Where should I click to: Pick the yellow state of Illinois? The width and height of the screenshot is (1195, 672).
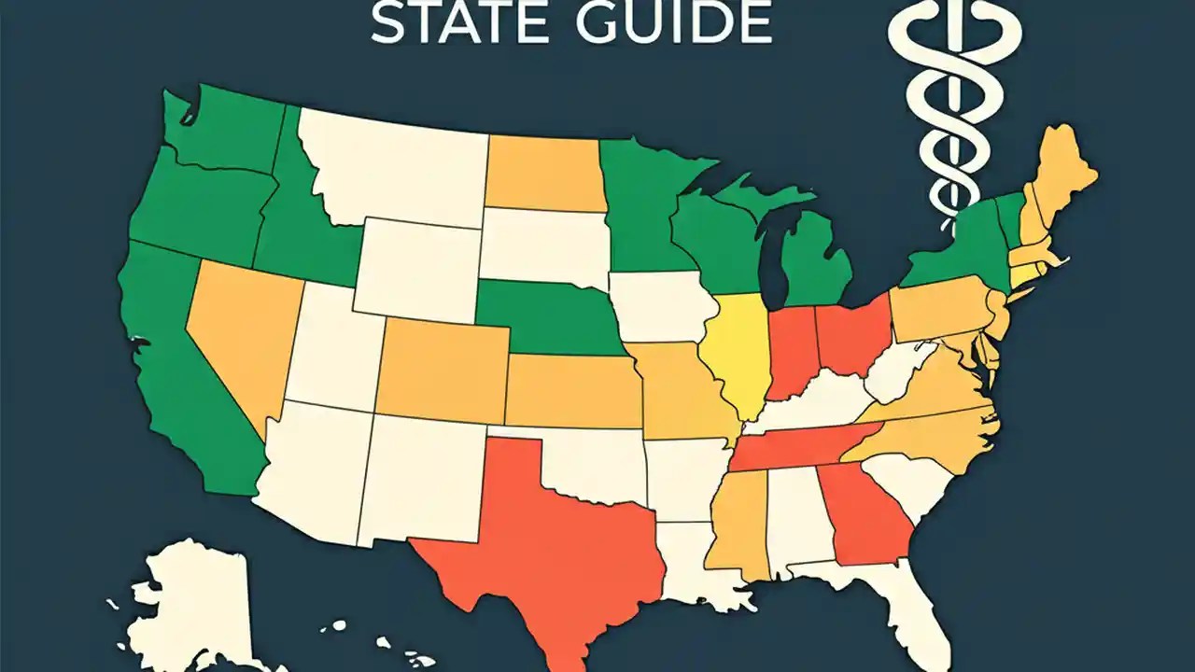pyautogui.click(x=733, y=355)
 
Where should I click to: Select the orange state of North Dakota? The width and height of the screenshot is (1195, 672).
pyautogui.click(x=541, y=173)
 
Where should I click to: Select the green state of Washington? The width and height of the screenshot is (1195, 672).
pyautogui.click(x=224, y=131)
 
